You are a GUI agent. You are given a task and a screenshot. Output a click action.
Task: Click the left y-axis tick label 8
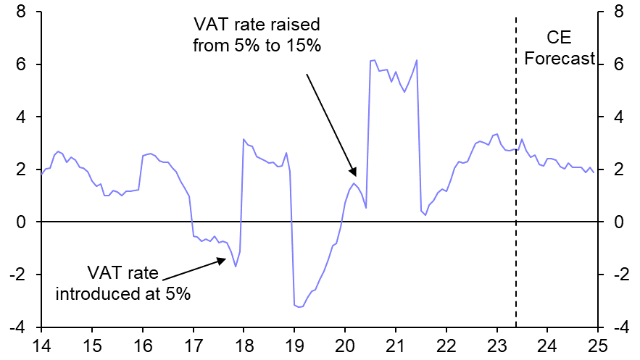pos(22,12)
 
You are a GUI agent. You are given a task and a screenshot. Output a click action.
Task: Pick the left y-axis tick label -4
pos(17,327)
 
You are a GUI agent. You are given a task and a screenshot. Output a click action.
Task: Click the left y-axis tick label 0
pos(22,222)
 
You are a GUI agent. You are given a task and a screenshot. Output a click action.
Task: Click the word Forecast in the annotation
pos(559,59)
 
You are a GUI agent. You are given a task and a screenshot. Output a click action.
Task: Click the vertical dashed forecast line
pos(515,217)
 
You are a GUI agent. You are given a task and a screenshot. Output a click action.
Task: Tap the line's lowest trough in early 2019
pos(299,307)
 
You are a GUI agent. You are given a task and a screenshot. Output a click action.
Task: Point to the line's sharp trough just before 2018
pos(236,266)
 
